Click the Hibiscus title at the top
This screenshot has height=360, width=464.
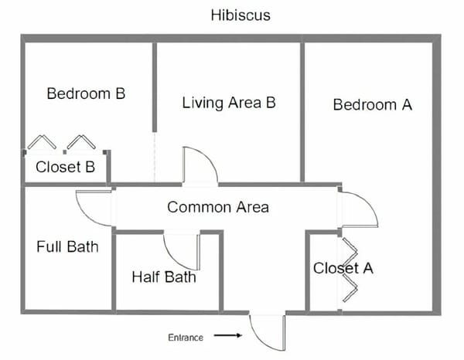[x=241, y=15]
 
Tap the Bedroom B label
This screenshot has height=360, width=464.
[x=86, y=93]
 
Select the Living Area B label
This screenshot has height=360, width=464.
[x=229, y=103]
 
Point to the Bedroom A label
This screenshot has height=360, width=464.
[x=373, y=104]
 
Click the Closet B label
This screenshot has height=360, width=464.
[x=65, y=167]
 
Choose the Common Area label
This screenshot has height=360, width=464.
[x=218, y=207]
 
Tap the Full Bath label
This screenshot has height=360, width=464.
[x=67, y=246]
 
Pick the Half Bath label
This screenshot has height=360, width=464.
[x=164, y=277]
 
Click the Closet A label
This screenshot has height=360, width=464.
[x=343, y=268]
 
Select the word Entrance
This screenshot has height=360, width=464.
[x=186, y=338]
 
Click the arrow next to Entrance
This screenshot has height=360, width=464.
[x=228, y=335]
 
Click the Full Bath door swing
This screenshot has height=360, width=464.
[x=86, y=218]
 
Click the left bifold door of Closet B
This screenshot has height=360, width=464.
[x=42, y=141]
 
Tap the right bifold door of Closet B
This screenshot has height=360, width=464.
[x=81, y=141]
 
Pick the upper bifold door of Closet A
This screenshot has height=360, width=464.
[x=350, y=252]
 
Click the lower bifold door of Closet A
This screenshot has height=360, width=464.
[x=350, y=288]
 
